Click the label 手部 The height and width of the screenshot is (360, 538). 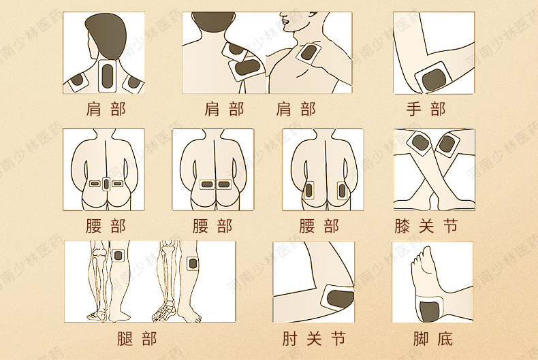pos(426,110)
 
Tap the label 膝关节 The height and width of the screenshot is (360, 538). pos(426,227)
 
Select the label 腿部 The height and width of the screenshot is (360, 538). pos(137,339)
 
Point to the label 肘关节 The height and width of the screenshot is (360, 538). pos(313,339)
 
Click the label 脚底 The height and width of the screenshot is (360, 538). pos(433,339)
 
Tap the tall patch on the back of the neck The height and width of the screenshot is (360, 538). pos(108,76)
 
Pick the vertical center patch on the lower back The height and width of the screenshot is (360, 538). pos(106,184)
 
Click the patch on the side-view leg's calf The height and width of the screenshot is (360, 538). pos(192,263)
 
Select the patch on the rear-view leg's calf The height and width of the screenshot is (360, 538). pos(118,255)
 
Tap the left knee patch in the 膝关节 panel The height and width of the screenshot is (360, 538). pos(419,144)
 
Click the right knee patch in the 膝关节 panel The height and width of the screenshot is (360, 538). pos(447,145)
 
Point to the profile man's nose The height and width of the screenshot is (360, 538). pos(283,16)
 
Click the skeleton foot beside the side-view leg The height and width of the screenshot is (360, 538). pos(163,310)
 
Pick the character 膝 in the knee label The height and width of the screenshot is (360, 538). pos(402,227)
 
